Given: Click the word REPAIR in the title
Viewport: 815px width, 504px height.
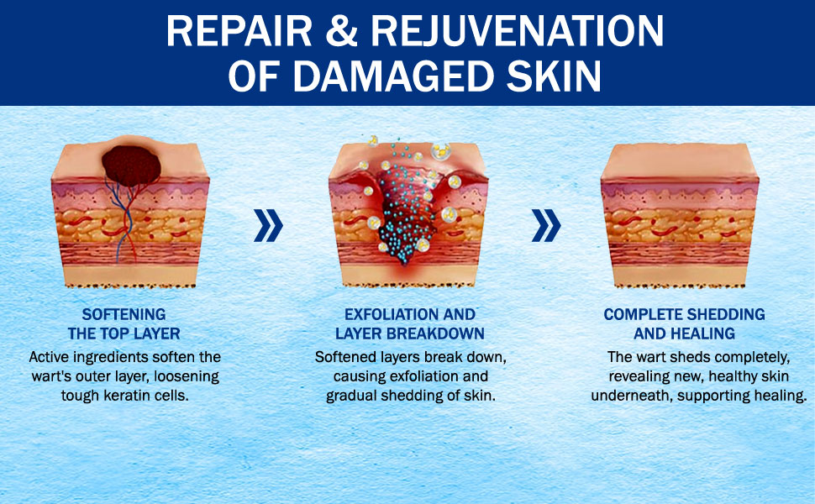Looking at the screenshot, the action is point(239,31).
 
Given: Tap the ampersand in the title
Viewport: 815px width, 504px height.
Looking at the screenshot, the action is point(341,31).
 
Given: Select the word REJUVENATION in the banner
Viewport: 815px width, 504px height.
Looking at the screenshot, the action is point(518,31).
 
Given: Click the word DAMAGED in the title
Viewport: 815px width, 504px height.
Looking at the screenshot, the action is point(393,76).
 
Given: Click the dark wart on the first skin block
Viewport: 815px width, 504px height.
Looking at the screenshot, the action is point(131,165).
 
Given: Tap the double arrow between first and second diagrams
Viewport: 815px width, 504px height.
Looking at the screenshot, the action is point(268,225).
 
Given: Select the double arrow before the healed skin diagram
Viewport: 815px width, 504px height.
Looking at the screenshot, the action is point(546,225).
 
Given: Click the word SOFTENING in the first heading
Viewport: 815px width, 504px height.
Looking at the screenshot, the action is point(124,314).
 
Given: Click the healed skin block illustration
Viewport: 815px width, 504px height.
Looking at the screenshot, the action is point(680,215).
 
